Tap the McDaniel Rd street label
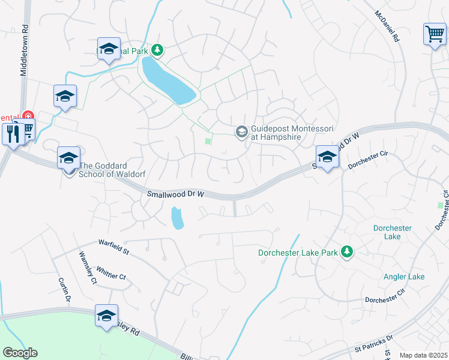point(387,26)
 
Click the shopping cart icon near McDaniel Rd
point(435,34)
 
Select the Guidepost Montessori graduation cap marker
point(242,131)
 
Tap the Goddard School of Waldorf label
point(112,170)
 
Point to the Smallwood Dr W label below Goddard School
point(176,194)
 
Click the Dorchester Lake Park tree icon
point(346,253)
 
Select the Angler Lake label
point(404,277)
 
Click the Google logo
point(20,353)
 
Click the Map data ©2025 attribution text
point(423,355)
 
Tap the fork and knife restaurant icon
point(12,133)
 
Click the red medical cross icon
point(28,115)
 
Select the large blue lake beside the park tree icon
point(169,83)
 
